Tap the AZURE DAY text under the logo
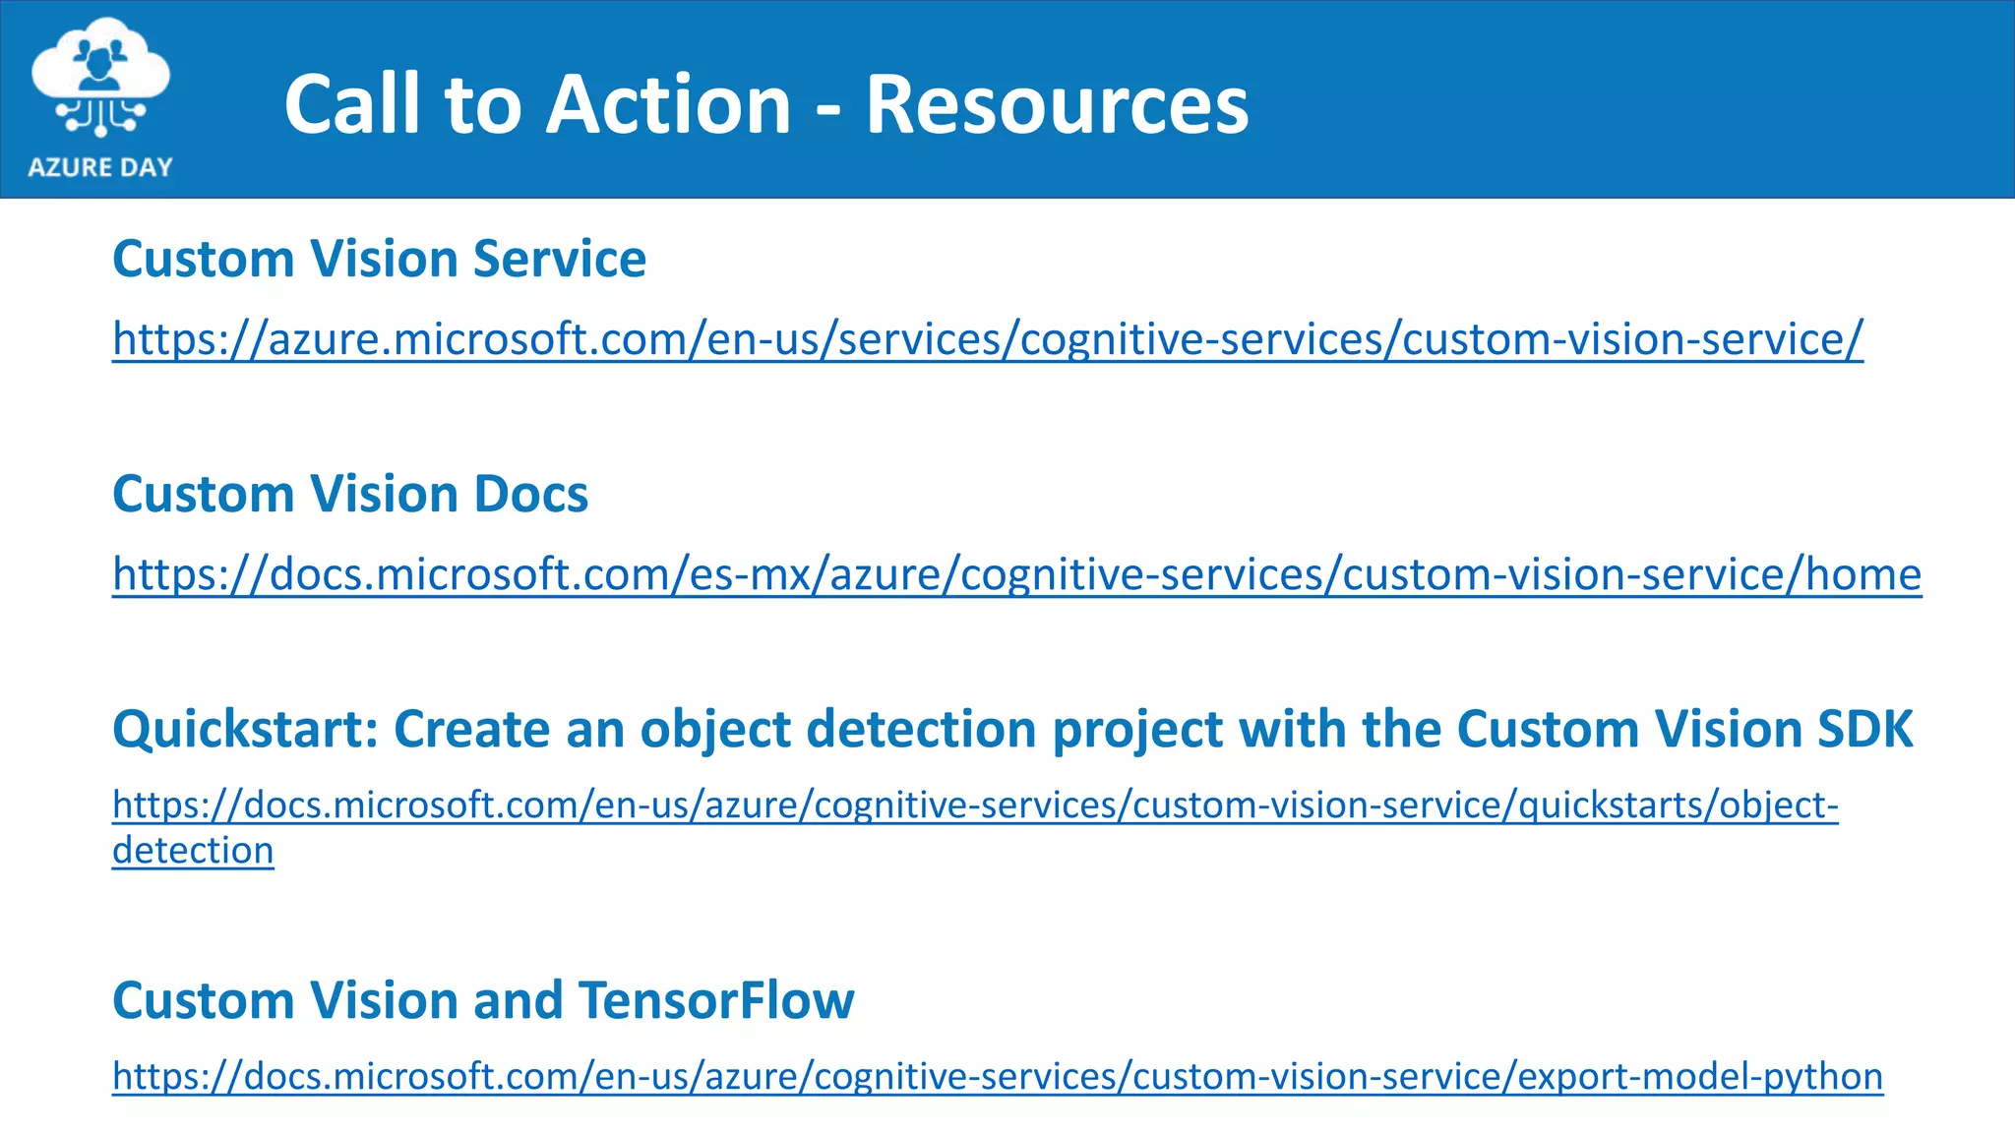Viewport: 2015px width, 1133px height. tap(100, 167)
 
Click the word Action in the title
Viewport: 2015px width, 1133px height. tap(668, 104)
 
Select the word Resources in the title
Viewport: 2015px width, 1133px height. tap(1057, 104)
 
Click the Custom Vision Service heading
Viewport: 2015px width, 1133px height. tap(379, 260)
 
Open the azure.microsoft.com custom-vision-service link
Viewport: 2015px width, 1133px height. tap(987, 339)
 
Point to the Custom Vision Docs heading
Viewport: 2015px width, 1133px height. tap(350, 495)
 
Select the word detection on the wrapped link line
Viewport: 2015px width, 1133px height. tap(193, 851)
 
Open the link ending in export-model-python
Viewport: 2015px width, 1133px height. tap(998, 1077)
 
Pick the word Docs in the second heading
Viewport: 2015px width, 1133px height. tap(531, 495)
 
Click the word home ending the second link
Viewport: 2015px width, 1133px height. tap(1863, 574)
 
